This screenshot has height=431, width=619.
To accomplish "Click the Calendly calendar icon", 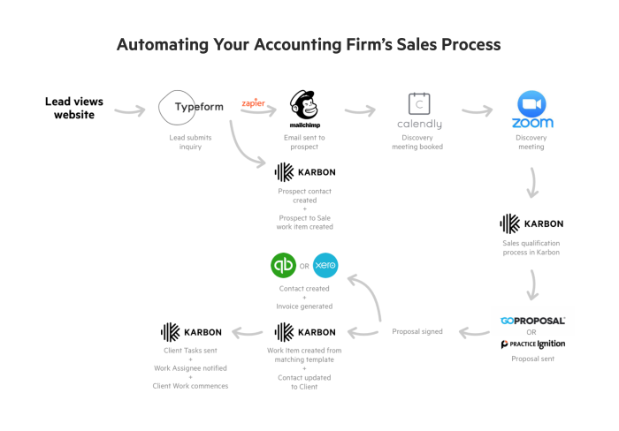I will coord(418,102).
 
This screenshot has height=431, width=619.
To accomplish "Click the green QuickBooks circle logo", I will coord(283,264).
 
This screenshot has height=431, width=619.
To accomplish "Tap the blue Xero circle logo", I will coord(325,264).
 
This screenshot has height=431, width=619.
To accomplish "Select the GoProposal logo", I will coord(532,321).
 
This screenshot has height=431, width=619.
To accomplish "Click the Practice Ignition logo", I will coord(532,344).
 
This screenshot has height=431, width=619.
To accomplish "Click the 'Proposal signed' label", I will coord(417,332).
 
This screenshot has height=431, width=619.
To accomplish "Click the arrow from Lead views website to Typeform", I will coord(129,110).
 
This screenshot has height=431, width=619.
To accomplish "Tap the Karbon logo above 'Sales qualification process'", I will coord(531,223).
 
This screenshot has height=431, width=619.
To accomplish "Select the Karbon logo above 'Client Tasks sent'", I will coord(191,332).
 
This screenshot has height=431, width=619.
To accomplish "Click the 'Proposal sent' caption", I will coord(532,359).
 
